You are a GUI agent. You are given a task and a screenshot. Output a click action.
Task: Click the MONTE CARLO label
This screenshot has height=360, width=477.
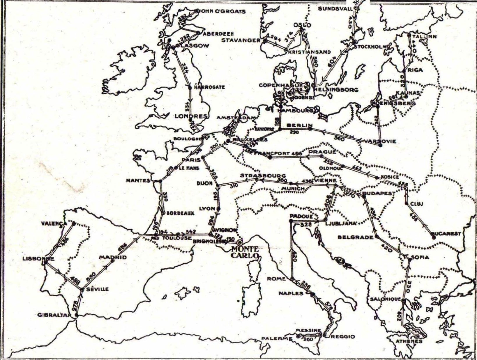245,252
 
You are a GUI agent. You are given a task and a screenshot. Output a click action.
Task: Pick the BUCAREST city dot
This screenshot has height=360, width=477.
434,237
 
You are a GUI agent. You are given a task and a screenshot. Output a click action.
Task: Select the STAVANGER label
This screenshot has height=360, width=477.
241,40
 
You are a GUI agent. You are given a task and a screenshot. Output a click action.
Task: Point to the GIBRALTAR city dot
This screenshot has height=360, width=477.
76,315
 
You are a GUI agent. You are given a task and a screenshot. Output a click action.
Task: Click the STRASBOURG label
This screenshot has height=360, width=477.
262,176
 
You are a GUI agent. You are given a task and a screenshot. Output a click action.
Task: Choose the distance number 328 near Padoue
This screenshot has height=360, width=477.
306,225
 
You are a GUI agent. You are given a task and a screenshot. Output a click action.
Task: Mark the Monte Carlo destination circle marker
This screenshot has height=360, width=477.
240,242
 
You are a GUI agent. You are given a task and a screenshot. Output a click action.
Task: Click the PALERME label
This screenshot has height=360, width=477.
276,339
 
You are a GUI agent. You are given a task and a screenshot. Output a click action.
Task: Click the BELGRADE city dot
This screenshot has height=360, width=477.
377,237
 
